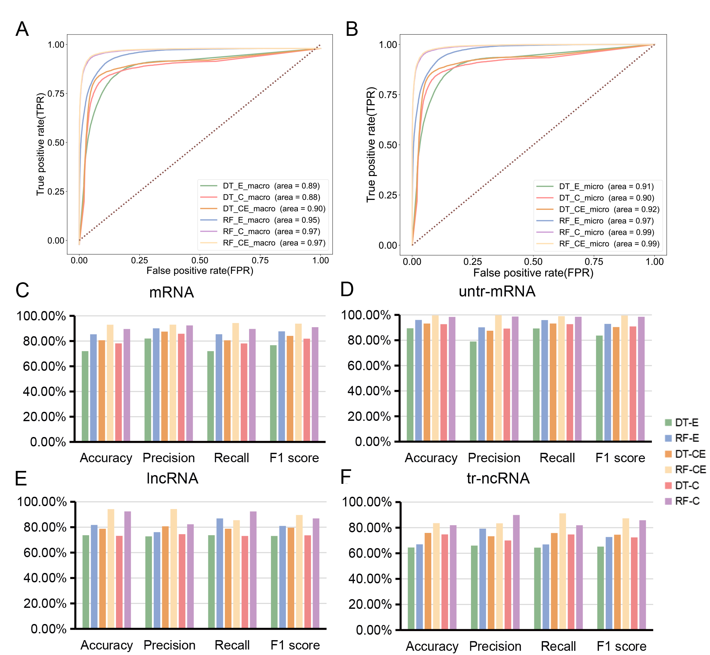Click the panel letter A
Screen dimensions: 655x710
pos(22,29)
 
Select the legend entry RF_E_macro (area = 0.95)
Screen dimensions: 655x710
pos(271,220)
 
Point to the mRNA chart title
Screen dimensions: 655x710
pos(172,292)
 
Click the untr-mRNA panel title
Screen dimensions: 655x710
pos(496,291)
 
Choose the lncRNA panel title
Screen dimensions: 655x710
pos(172,478)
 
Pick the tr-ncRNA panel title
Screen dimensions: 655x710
pos(498,478)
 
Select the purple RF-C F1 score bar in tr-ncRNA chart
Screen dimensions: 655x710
pos(642,575)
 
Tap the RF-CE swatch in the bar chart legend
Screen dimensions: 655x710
pos(669,470)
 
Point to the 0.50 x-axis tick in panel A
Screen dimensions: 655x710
pos(200,261)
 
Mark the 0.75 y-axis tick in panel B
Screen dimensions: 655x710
pos(388,95)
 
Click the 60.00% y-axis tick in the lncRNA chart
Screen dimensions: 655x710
pos(45,553)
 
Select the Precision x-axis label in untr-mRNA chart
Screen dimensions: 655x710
pos(494,458)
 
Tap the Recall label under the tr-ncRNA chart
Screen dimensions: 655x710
pos(558,646)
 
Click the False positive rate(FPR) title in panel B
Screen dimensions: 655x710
pos(533,273)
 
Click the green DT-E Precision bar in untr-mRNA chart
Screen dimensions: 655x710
pos(473,391)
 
